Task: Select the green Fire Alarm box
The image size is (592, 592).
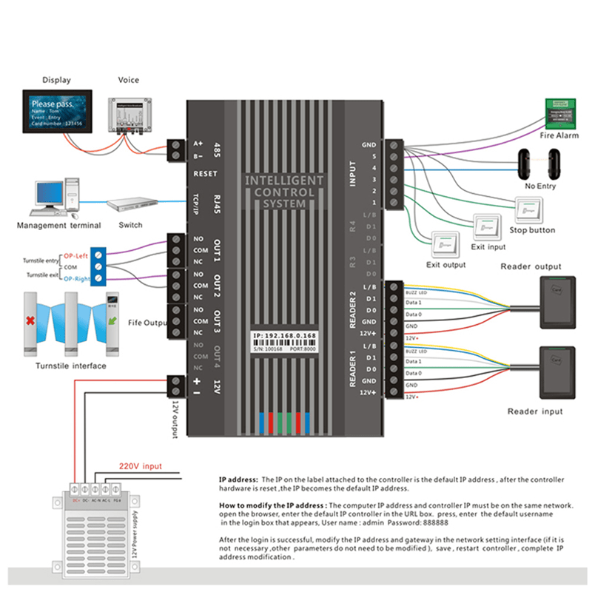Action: (x=559, y=112)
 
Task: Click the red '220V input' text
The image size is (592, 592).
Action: (x=141, y=467)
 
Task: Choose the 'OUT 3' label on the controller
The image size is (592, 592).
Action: (x=218, y=320)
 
